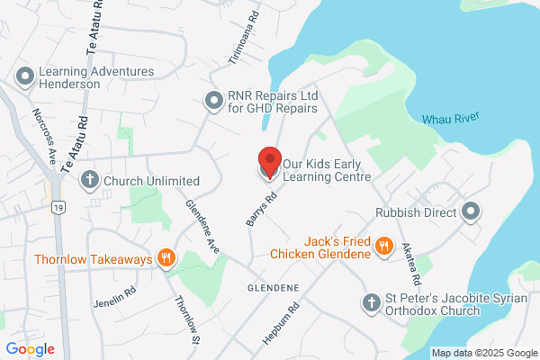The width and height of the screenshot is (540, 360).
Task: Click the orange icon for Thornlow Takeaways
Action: (166, 259)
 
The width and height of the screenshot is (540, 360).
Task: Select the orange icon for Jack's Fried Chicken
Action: (384, 246)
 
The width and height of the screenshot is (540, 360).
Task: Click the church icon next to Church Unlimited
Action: (90, 181)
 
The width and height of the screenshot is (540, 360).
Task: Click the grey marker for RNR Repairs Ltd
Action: (213, 101)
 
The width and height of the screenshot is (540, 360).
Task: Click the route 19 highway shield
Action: (58, 207)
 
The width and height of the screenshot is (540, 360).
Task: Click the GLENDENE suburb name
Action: (273, 286)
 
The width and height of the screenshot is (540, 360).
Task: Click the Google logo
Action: (31, 349)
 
